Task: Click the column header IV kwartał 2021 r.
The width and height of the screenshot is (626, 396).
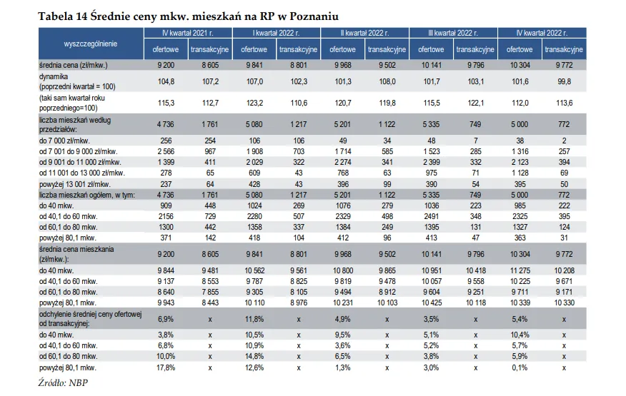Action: pyautogui.click(x=188, y=33)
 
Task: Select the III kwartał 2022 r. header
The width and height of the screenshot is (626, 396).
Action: pyautogui.click(x=454, y=33)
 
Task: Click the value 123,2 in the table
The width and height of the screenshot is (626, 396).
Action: pyautogui.click(x=254, y=103)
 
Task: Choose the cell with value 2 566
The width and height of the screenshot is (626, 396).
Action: pyautogui.click(x=165, y=152)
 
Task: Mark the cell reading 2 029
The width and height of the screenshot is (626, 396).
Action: pyautogui.click(x=254, y=163)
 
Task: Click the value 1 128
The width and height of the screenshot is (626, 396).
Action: pyautogui.click(x=520, y=173)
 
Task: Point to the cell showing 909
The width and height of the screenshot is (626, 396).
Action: pyautogui.click(x=165, y=205)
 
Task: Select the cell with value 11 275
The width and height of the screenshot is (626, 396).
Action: pyautogui.click(x=520, y=270)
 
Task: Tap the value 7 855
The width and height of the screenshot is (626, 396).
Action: pyautogui.click(x=209, y=292)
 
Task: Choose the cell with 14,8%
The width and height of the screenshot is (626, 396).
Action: pyautogui.click(x=254, y=356)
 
